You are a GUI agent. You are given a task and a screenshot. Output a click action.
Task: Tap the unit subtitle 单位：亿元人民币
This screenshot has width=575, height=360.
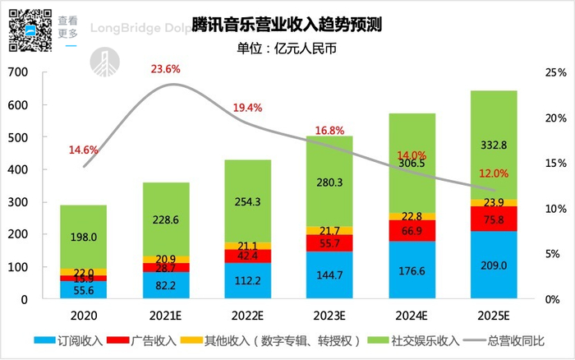287,47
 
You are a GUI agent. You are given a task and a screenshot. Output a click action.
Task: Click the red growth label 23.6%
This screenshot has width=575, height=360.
165,69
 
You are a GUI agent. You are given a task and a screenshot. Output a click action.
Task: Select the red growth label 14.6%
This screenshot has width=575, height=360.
83,150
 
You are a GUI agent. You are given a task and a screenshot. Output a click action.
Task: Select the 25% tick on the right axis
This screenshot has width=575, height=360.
555,72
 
